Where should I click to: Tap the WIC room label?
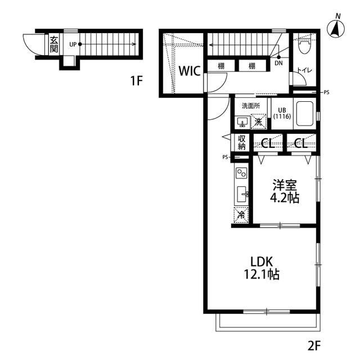point(190,71)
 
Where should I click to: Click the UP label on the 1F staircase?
point(73,44)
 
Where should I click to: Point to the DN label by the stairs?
point(279,63)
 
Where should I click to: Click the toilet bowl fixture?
point(304,46)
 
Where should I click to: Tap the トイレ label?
point(305,70)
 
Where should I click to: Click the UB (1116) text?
point(282,114)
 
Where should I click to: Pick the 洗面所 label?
point(251,106)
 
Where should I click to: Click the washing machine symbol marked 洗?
point(259,121)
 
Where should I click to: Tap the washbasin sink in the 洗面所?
point(242,122)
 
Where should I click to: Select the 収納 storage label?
point(241,142)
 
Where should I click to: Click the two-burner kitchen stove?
point(242,173)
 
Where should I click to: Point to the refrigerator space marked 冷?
point(241,215)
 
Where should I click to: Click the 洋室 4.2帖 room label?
point(285,191)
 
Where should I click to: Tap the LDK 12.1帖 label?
point(262,268)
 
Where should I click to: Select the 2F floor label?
point(314,345)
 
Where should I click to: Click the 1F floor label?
point(136,80)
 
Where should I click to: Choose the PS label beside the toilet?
point(326,92)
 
